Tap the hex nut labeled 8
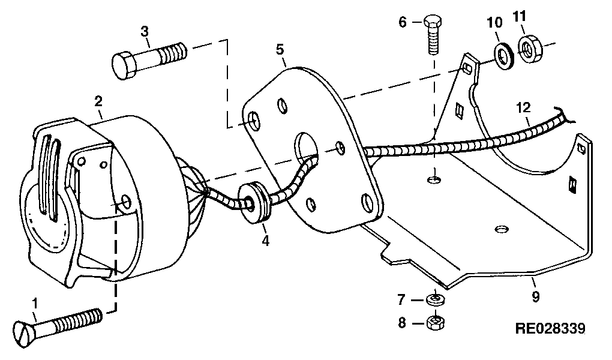pyautogui.click(x=436, y=322)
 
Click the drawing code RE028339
pyautogui.click(x=550, y=329)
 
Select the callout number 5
pyautogui.click(x=280, y=50)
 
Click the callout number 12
pyautogui.click(x=523, y=107)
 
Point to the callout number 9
pyautogui.click(x=535, y=297)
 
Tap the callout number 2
pyautogui.click(x=98, y=101)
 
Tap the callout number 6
pyautogui.click(x=403, y=22)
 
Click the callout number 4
pyautogui.click(x=265, y=241)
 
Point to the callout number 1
pyautogui.click(x=35, y=304)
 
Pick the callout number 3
pyautogui.click(x=145, y=31)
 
